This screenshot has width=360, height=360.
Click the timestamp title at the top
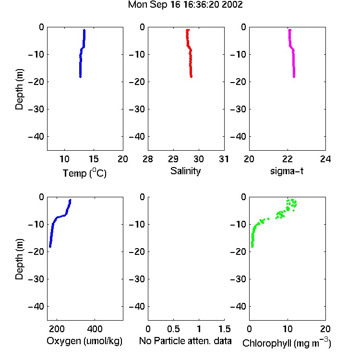pos(185,5)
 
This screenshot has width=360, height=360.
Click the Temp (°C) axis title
pos(84,173)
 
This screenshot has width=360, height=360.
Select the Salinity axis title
pos(185,171)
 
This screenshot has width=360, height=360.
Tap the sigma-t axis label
pos(287,171)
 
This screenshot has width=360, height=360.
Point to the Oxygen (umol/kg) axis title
pos(84,341)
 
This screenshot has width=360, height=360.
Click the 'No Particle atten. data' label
pos(185,341)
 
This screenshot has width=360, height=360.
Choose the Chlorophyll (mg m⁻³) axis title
pos(287,343)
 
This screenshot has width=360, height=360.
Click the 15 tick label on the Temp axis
pos(94,159)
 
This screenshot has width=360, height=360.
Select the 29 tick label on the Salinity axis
pos(173,159)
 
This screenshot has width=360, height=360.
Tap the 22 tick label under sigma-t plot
pos(288,159)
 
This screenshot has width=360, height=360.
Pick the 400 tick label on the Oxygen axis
pos(95,329)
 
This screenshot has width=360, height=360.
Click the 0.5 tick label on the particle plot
pos(173,329)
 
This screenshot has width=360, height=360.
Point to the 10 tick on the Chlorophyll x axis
pos(288,329)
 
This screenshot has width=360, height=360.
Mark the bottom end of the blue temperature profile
pos(80,77)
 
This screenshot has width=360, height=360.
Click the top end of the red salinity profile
pos(188,30)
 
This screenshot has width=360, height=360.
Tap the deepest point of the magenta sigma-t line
pos(294,77)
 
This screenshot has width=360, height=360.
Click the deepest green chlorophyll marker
pos(252,247)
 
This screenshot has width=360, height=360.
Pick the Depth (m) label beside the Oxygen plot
pos(19,259)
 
